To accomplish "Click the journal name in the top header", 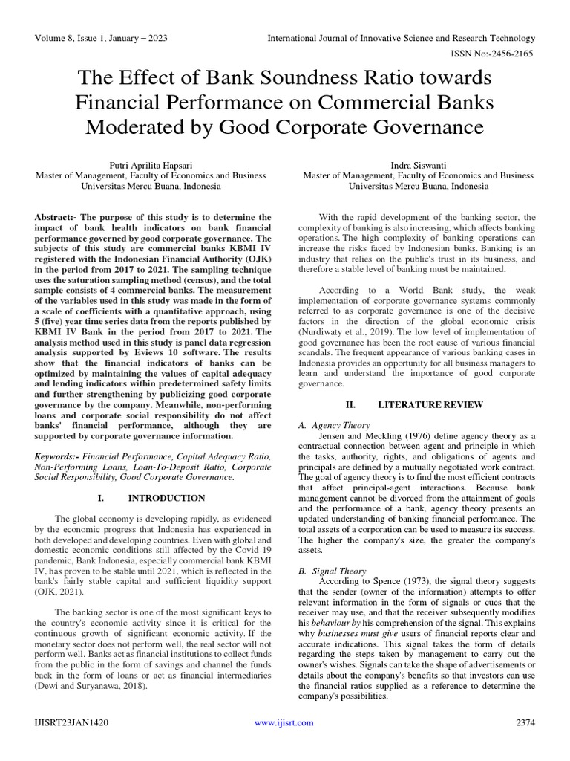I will (x=401, y=37).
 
